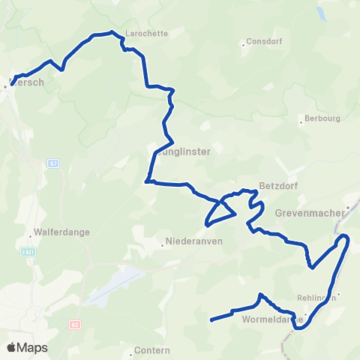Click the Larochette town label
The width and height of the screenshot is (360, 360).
coord(146,34)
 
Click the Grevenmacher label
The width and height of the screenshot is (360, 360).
coord(308,213)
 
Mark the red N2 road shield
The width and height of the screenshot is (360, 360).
coord(74,324)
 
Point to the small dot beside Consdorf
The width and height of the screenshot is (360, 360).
coord(243,44)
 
